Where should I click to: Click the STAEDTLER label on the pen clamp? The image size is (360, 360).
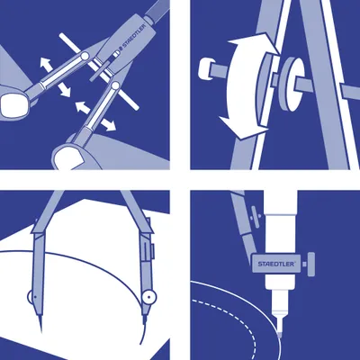coord(276,264)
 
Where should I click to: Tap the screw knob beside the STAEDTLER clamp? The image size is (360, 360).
coord(311,264)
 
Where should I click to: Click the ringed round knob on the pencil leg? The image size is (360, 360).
coord(149,297)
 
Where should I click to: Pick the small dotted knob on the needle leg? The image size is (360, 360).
coord(31,297)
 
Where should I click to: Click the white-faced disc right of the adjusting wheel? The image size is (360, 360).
coord(293,83)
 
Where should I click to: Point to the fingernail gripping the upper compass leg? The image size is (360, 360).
coord(13,104)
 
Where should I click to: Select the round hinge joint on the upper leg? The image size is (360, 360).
coord(85,56)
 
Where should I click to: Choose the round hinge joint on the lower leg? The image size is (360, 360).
coord(115,85)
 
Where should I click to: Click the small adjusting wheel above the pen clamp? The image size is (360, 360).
coord(256,217)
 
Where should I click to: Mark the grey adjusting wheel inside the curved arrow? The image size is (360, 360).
coord(266,88)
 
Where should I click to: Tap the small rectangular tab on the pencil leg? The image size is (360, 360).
coord(152,251)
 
